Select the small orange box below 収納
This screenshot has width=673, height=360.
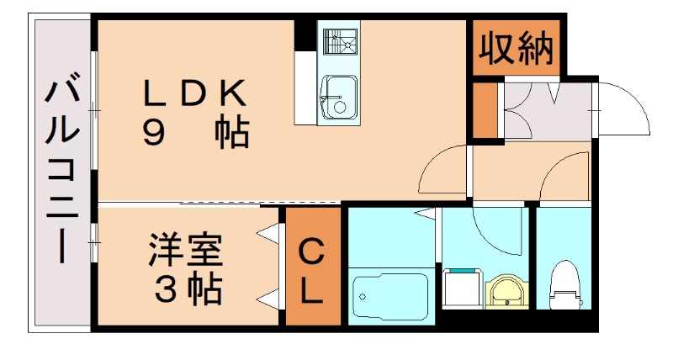(x=485, y=110)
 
